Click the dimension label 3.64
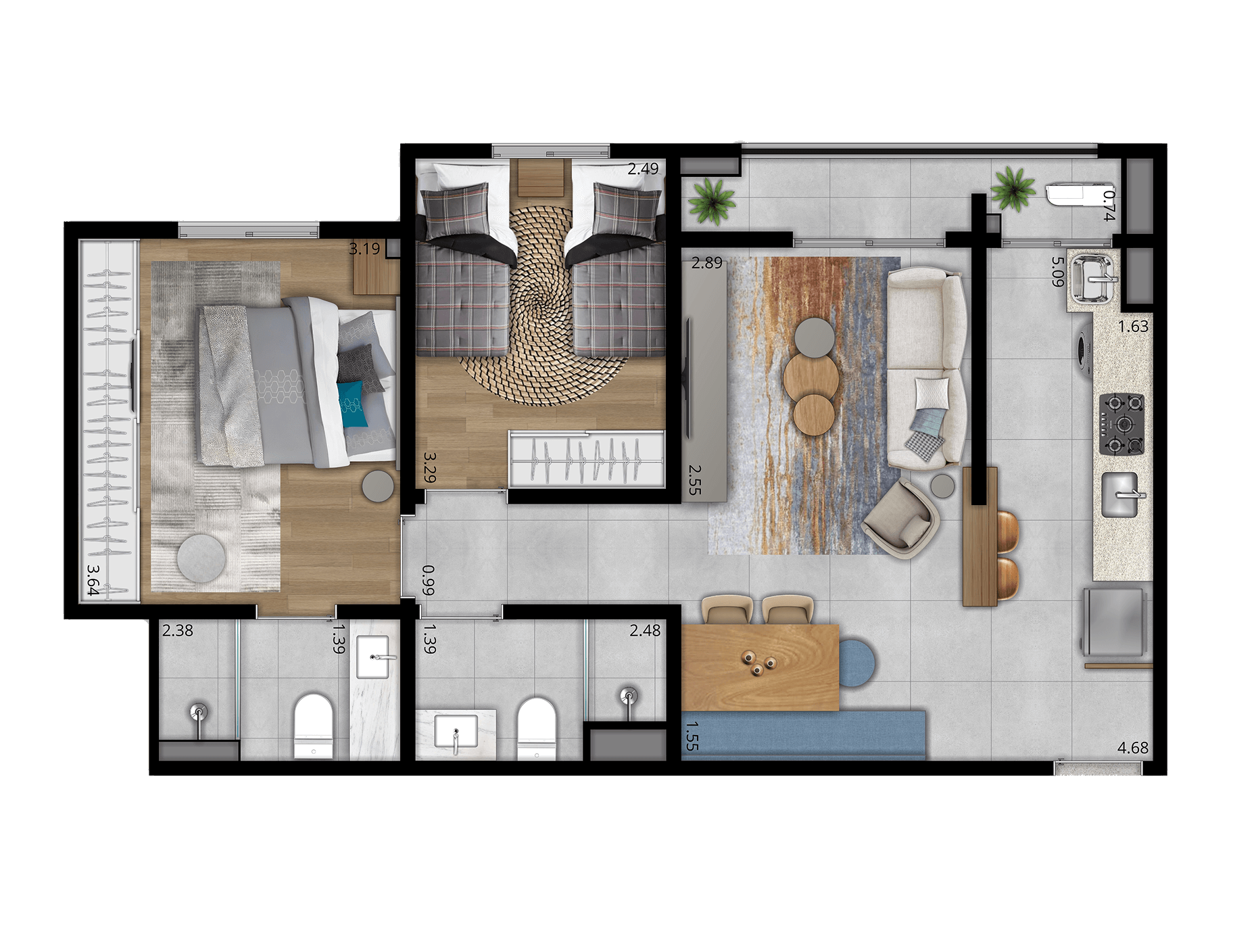tap(93, 580)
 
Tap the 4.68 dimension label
tap(1133, 748)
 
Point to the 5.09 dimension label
tap(1058, 271)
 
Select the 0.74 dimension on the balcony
tap(1109, 206)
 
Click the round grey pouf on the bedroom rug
tap(201, 559)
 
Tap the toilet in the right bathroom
tap(537, 729)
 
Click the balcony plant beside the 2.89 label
tap(711, 200)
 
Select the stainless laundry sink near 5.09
tap(1092, 278)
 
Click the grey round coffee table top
tap(815, 337)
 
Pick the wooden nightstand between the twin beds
tap(541, 178)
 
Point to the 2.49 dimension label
tap(643, 168)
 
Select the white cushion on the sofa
tap(932, 394)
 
